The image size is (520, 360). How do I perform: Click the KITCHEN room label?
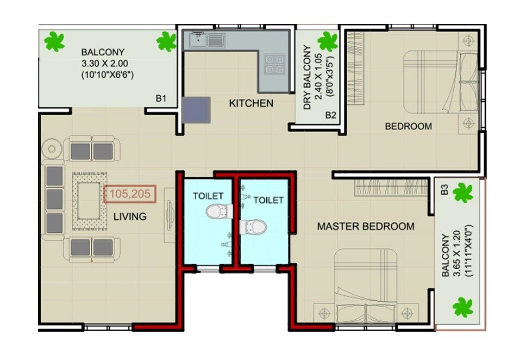click(x=250, y=103)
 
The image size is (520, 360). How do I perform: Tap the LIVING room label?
click(x=130, y=216)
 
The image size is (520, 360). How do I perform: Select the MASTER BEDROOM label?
click(x=365, y=226)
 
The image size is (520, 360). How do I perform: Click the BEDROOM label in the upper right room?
click(x=408, y=126)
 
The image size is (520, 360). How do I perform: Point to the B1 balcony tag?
click(x=160, y=98)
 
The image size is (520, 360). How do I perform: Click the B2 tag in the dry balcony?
click(x=330, y=115)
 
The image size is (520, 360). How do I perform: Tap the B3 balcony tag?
click(x=444, y=190)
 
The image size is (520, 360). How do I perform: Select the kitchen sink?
click(x=207, y=39)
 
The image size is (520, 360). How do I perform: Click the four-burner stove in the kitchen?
click(x=274, y=64)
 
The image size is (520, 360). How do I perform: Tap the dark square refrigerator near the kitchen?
click(x=196, y=110)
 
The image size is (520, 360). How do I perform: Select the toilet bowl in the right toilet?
click(x=254, y=226)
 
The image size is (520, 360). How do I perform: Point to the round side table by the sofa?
click(x=53, y=148)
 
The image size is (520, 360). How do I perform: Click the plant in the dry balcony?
click(x=327, y=41)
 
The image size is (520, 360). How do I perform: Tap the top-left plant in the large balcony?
click(x=54, y=41)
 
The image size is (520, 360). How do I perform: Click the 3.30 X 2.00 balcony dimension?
click(x=108, y=64)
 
